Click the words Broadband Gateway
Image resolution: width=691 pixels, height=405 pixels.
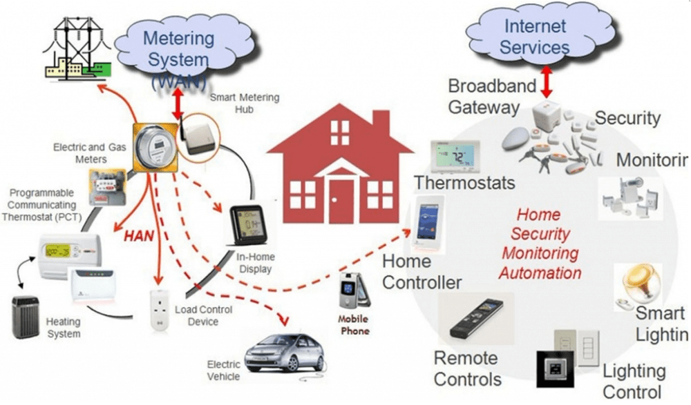pos(492,97)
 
